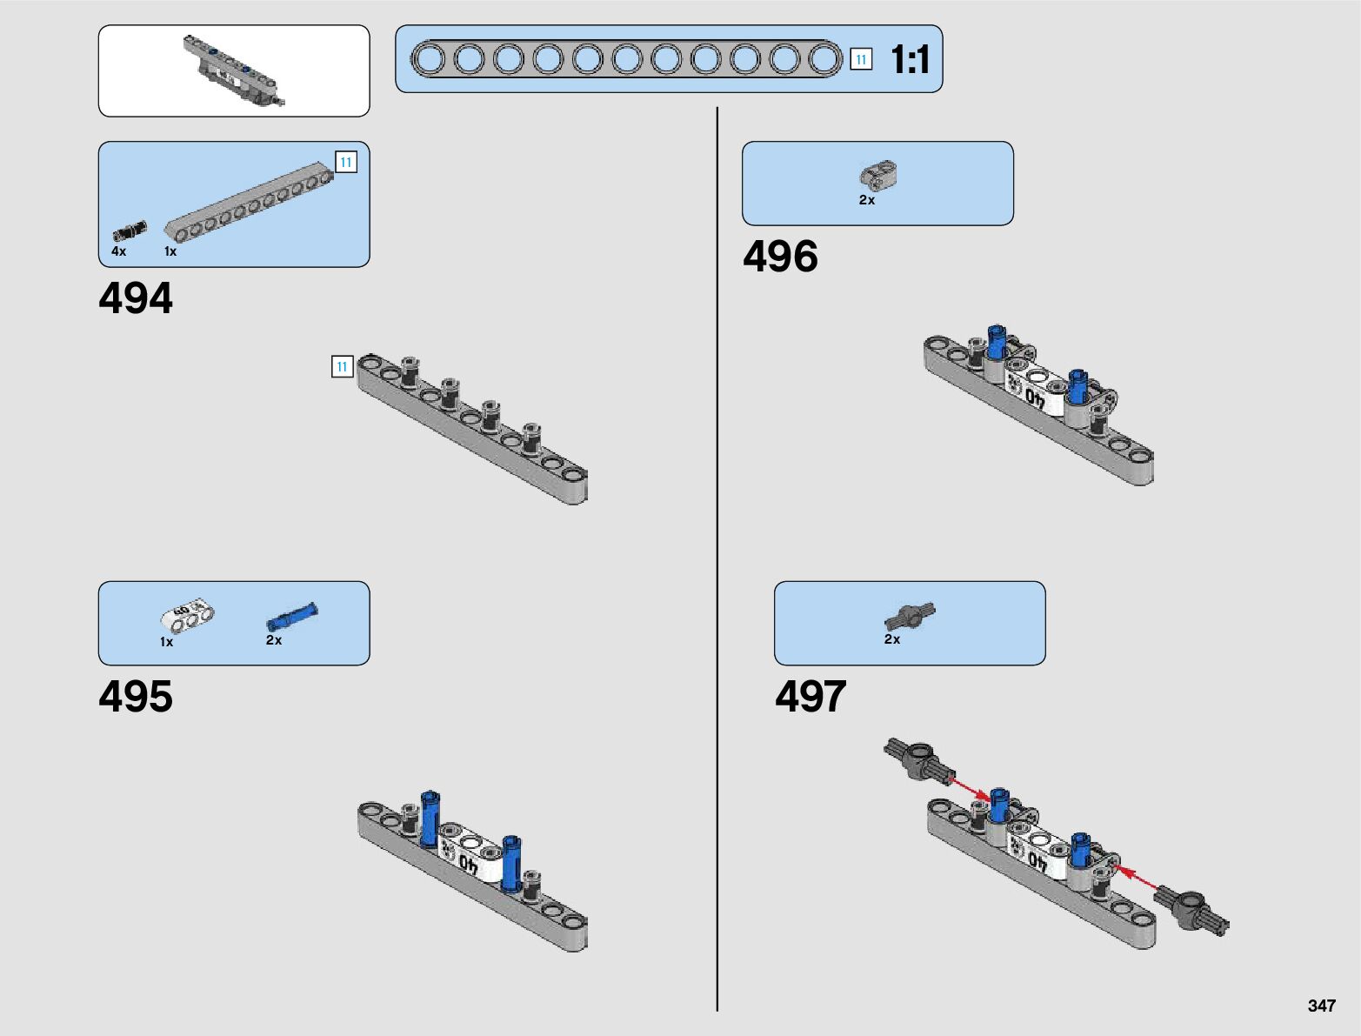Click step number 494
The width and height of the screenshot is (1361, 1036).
[x=136, y=298]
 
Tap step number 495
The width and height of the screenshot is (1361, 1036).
[x=136, y=697]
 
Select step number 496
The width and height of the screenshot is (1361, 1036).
[x=780, y=257]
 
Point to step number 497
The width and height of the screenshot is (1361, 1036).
[x=811, y=697]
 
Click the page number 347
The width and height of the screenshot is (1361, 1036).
[x=1321, y=1006]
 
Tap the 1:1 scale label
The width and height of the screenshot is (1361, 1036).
[x=911, y=60]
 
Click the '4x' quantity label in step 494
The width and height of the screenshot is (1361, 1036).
[x=118, y=251]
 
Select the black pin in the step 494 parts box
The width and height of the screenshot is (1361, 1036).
[x=130, y=231]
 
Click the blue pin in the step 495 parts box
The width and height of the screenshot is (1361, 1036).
[x=291, y=616]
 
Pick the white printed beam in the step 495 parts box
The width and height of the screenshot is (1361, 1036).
[x=187, y=615]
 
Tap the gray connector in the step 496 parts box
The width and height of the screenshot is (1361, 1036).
[x=878, y=175]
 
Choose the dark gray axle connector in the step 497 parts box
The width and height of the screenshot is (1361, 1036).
[x=910, y=616]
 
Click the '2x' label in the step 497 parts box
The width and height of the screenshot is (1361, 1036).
[x=892, y=639]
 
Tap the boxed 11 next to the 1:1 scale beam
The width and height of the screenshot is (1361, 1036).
[x=861, y=59]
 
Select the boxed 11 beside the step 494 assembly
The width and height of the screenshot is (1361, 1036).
[x=342, y=367]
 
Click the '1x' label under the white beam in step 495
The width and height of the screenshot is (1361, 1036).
[x=166, y=642]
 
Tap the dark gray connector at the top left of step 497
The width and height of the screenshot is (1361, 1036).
[x=919, y=759]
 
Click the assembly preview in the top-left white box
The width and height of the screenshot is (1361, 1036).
[x=233, y=70]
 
